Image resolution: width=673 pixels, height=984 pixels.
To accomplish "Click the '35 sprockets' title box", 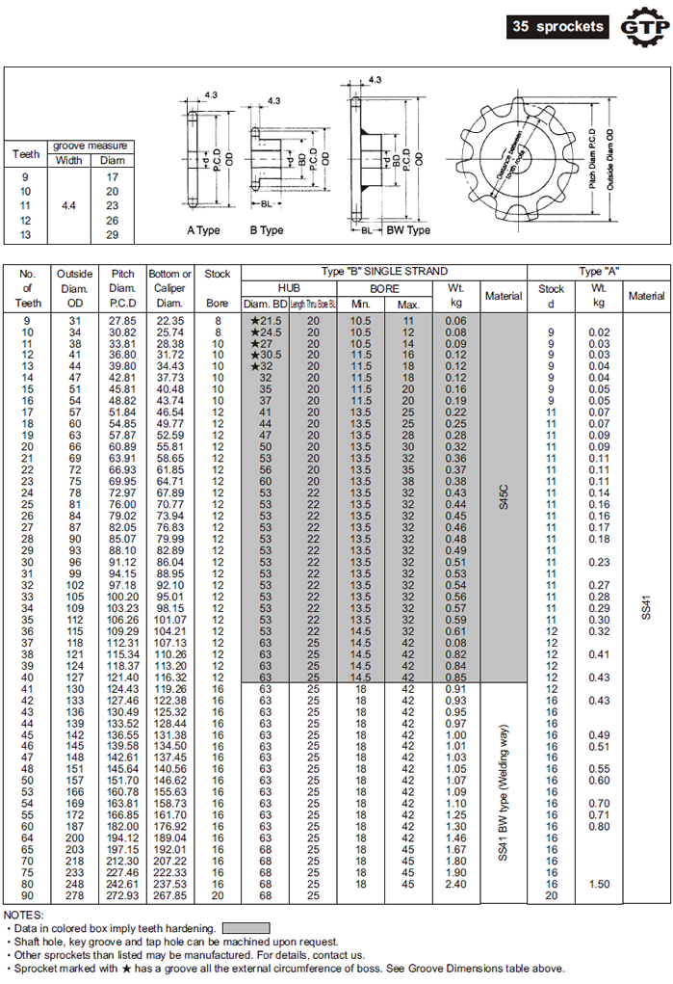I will pyautogui.click(x=558, y=26).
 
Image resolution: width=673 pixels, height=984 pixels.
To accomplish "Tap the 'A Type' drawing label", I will pyautogui.click(x=204, y=230).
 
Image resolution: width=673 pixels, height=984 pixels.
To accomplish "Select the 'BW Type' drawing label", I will pyautogui.click(x=408, y=230).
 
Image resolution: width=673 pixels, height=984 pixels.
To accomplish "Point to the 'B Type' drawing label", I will pyautogui.click(x=267, y=230).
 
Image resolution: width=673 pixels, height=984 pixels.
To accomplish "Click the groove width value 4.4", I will pyautogui.click(x=68, y=205).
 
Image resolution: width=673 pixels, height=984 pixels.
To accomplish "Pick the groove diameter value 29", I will pyautogui.click(x=113, y=234).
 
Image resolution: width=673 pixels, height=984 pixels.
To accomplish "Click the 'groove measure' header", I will pyautogui.click(x=91, y=146).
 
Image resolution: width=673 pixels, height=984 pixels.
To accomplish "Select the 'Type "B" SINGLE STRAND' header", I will pyautogui.click(x=383, y=272).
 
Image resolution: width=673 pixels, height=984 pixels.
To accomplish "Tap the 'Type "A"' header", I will pyautogui.click(x=599, y=272).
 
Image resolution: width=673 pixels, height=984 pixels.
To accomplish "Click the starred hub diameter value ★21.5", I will pyautogui.click(x=265, y=320).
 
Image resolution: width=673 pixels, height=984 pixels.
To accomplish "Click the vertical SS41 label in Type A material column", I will pyautogui.click(x=646, y=608).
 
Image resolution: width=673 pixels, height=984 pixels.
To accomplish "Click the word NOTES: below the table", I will pyautogui.click(x=24, y=914).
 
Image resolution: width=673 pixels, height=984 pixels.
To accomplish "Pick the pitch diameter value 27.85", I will pyautogui.click(x=122, y=320).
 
